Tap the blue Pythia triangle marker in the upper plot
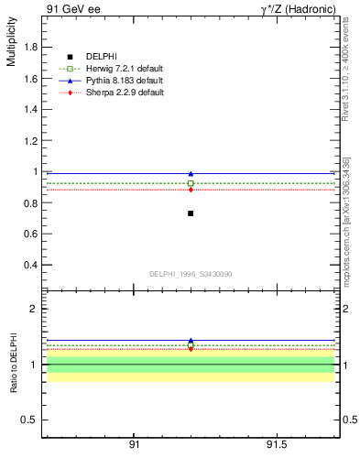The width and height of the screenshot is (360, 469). [x=191, y=174]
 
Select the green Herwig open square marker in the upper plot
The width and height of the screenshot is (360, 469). [x=191, y=183]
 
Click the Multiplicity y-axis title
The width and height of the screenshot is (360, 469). [x=11, y=46]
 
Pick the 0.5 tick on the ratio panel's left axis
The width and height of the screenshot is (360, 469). [x=27, y=420]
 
